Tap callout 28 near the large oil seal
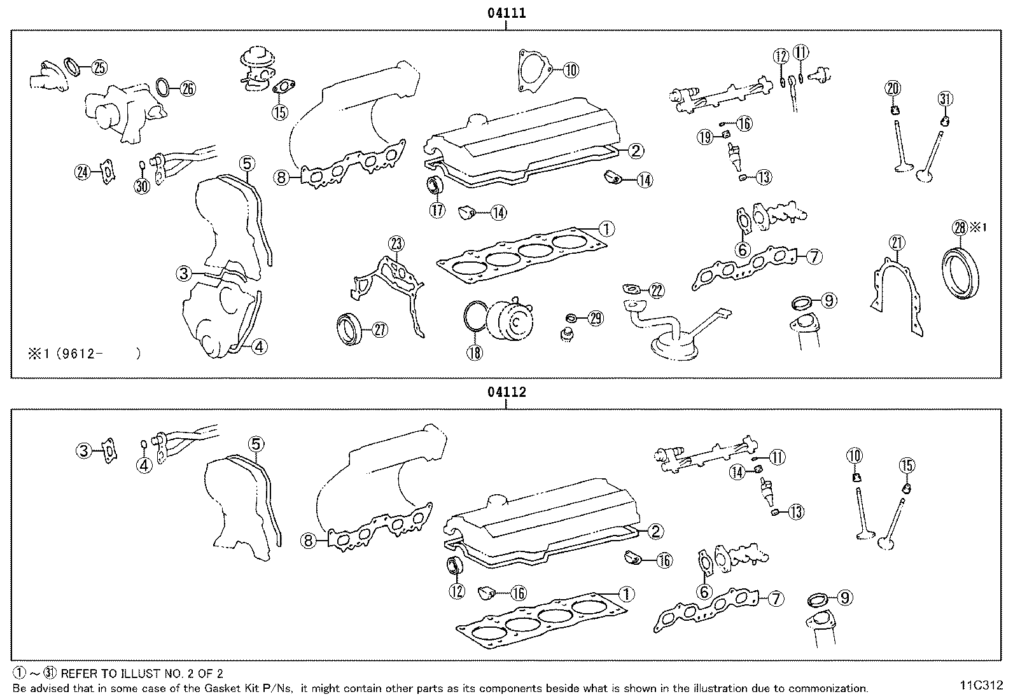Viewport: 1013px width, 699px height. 960,227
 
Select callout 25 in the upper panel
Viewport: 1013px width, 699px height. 99,67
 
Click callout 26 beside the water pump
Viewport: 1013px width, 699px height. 187,88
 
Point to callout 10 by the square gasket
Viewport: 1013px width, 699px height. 570,69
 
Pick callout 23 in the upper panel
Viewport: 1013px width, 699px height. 396,244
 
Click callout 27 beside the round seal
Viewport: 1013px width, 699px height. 379,329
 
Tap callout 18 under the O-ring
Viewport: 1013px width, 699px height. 475,352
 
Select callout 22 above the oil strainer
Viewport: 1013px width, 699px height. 655,291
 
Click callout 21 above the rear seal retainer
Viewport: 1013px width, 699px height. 897,243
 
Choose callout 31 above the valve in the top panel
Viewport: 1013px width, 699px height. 946,99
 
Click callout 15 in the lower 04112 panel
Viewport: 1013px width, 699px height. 907,466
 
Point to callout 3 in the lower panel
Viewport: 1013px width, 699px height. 85,451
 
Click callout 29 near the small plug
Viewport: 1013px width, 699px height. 594,319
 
